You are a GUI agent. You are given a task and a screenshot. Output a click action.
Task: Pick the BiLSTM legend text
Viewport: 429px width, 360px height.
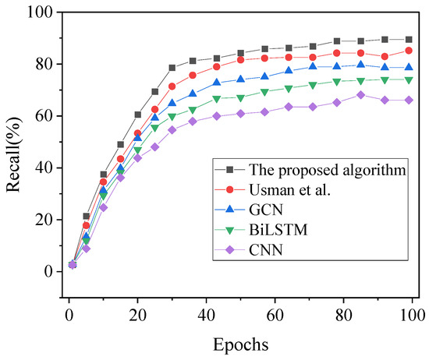tap(279, 231)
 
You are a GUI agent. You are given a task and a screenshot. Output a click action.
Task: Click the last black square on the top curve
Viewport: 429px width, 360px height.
tap(409, 39)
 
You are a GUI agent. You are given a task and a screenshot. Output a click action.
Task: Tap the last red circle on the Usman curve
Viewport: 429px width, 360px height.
tap(409, 50)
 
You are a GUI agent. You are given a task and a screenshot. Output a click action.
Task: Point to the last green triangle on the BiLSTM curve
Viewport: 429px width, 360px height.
tap(409, 79)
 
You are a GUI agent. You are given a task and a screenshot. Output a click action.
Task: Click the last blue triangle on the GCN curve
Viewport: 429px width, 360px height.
tap(409, 67)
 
